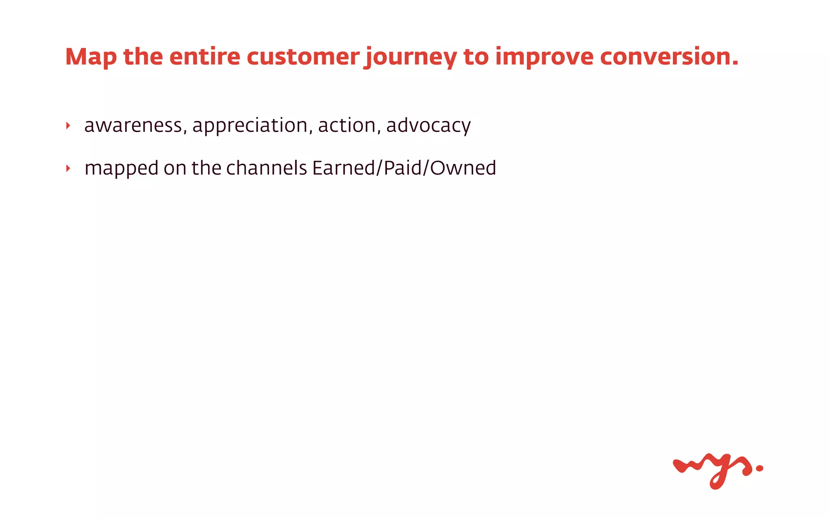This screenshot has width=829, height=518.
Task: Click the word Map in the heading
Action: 91,57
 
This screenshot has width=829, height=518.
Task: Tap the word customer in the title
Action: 303,57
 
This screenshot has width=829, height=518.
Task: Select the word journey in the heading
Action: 410,57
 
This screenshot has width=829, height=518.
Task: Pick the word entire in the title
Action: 204,57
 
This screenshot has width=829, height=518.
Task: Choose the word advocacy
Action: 428,125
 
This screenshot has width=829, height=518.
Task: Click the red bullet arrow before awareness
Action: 68,126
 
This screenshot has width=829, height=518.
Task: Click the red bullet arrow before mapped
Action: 68,168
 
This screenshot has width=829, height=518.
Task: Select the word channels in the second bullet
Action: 266,168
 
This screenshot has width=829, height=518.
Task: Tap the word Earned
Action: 344,168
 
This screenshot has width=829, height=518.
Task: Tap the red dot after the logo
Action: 759,468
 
